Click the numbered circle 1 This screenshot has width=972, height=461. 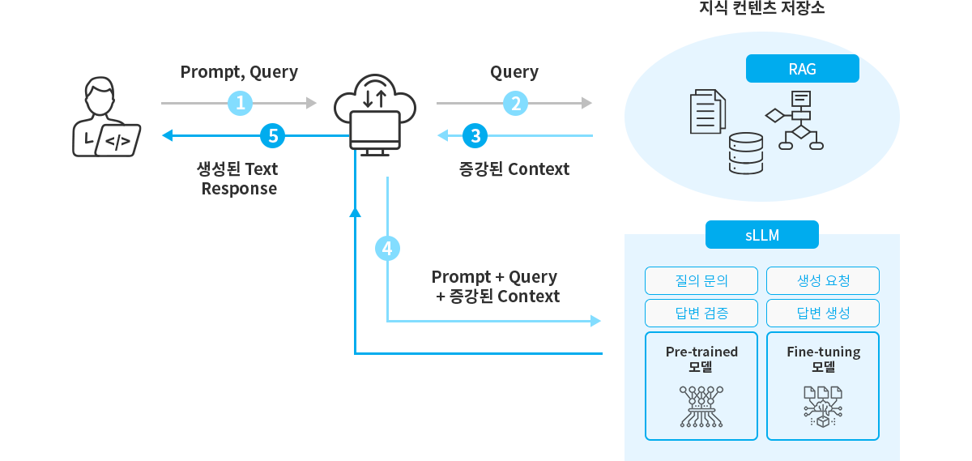(241, 103)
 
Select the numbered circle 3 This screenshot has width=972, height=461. (475, 135)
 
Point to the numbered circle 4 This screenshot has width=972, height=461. (387, 249)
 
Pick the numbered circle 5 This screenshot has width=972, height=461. (273, 135)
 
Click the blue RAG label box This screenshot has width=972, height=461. (802, 69)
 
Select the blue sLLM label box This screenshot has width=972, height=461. (761, 235)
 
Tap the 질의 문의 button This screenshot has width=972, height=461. (701, 281)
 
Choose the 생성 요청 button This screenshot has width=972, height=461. (823, 281)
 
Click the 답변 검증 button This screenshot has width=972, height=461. (701, 314)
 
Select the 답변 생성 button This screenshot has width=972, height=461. (823, 314)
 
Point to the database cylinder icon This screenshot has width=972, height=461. (746, 153)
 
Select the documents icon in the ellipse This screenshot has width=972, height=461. (707, 112)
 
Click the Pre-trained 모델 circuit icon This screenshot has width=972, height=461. (701, 406)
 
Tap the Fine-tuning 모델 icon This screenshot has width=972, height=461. (823, 406)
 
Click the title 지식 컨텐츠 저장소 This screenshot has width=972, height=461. (761, 9)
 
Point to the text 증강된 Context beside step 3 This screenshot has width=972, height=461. (514, 169)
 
